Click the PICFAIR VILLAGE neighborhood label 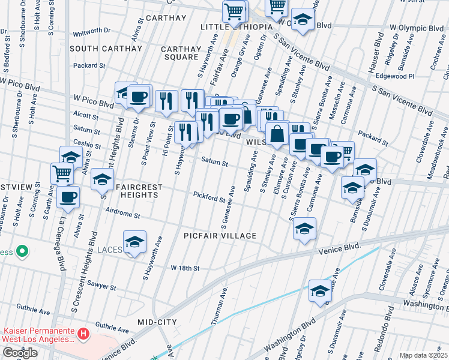point(220,236)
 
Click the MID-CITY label point(157,322)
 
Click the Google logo point(20,353)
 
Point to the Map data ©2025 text point(423,355)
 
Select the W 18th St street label point(184,268)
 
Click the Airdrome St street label point(122,214)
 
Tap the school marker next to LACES point(135,242)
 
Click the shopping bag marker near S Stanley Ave point(277,134)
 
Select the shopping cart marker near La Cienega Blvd point(62,174)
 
